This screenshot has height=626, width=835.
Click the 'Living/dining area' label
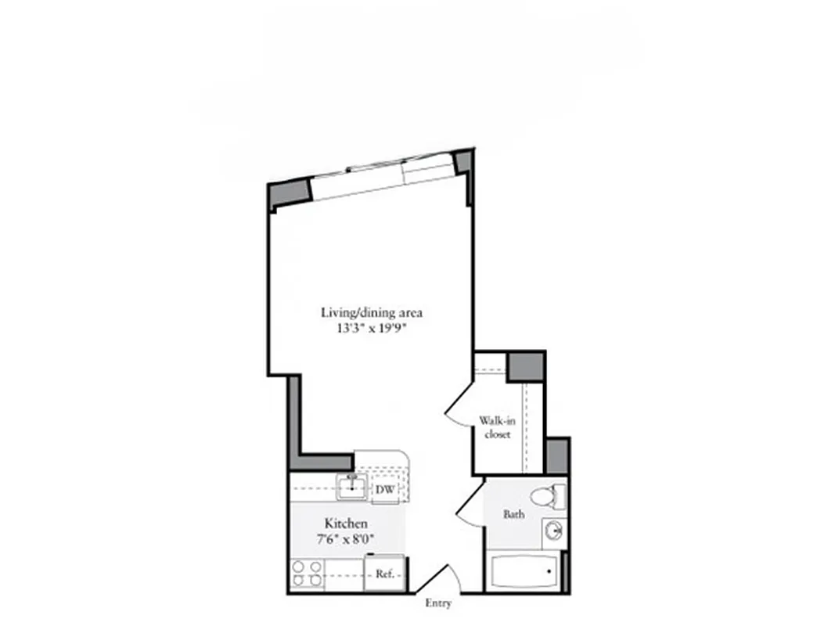(x=372, y=312)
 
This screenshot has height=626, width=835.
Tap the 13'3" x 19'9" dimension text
(x=372, y=329)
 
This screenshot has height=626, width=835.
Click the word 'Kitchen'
(x=347, y=523)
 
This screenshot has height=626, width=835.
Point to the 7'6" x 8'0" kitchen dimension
(x=347, y=538)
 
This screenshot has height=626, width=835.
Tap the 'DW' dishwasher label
(x=383, y=490)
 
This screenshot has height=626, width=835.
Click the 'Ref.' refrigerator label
(x=384, y=574)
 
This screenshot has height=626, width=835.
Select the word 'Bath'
(x=514, y=514)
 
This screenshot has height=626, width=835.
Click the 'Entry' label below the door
(x=438, y=603)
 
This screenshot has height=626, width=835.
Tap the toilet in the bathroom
(x=547, y=495)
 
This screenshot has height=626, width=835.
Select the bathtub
(x=523, y=572)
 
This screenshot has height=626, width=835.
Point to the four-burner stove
(x=307, y=574)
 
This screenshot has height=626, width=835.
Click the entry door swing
(x=441, y=580)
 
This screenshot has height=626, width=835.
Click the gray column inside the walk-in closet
(x=525, y=366)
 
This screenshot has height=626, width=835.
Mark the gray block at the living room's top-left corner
(x=289, y=195)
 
